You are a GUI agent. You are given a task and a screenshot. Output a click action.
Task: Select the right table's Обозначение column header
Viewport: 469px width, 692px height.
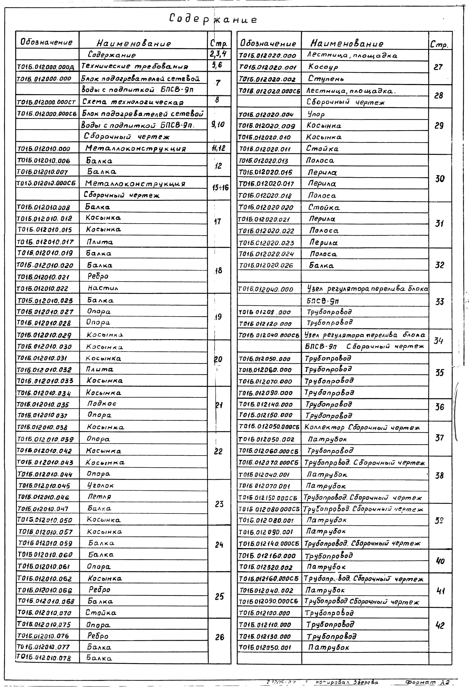[268, 43]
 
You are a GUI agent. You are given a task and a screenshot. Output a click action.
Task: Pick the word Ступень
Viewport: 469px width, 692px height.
[326, 79]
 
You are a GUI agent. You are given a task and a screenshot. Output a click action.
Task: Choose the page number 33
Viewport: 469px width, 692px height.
[440, 302]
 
